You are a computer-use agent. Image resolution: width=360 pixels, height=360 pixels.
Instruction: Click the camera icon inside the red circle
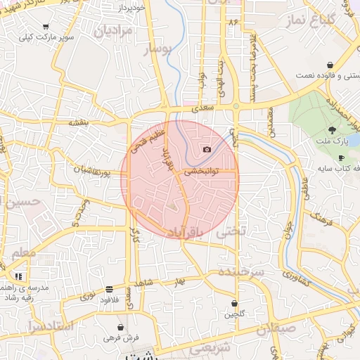coord(207,149)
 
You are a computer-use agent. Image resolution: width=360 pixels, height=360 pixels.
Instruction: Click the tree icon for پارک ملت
coord(333,130)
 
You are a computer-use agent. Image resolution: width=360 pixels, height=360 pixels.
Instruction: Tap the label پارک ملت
coord(332,143)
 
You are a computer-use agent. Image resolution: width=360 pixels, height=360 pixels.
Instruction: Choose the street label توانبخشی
coord(202,171)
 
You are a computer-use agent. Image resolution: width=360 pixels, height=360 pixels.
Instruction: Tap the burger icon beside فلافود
coord(109,289)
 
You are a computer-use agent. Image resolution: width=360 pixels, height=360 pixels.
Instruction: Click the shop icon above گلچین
coord(234,304)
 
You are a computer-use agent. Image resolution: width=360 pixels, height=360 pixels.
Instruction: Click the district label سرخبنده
coord(241,271)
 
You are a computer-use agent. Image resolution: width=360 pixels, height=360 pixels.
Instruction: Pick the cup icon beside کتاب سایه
coord(341,158)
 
